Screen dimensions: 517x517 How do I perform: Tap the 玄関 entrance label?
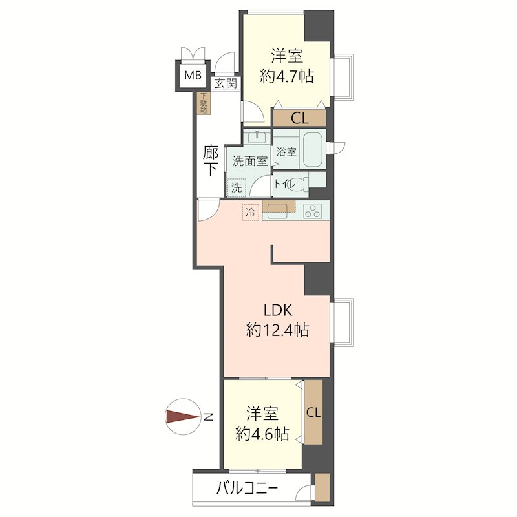[x=226, y=83]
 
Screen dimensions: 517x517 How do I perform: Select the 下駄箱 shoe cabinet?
[x=203, y=104]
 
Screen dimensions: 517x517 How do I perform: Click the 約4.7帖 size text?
[x=286, y=77]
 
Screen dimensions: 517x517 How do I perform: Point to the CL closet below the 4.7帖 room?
[x=299, y=118]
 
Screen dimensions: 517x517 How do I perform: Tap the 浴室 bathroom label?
[x=286, y=153]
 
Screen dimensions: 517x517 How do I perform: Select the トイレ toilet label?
[x=285, y=184]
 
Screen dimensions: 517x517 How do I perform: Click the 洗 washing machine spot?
[x=237, y=187]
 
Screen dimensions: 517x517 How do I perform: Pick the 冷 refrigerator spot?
[x=250, y=211]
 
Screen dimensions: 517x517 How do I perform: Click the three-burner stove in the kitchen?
[x=313, y=211]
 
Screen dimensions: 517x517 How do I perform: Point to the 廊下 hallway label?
[x=211, y=162]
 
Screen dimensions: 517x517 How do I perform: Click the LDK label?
[x=277, y=309]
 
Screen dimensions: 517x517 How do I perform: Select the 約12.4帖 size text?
[x=277, y=331]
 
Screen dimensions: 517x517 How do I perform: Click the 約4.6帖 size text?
[x=262, y=434]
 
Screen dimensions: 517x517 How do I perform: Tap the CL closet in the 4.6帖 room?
[x=313, y=412]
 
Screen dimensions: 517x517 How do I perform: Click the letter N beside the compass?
[x=208, y=417]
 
